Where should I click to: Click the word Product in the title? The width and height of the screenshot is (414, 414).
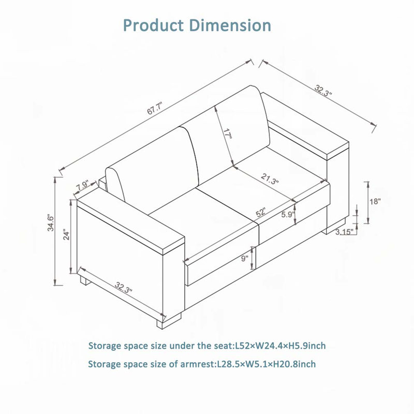[x=153, y=25]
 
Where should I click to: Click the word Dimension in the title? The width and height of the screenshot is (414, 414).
[x=230, y=25]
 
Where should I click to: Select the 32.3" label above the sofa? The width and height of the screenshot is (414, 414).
[x=322, y=90]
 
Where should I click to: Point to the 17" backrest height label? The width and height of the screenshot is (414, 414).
[x=227, y=134]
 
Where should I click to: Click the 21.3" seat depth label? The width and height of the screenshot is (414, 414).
[x=270, y=179]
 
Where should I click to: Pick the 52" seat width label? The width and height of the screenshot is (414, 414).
[x=260, y=212]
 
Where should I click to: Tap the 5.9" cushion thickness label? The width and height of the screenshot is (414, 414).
[x=288, y=214]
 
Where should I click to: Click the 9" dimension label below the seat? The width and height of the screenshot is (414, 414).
[x=244, y=258]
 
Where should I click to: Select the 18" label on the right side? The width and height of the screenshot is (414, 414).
[x=375, y=201]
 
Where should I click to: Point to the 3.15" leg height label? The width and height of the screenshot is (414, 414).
[x=344, y=232]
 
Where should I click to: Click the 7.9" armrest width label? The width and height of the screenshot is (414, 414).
[x=83, y=185]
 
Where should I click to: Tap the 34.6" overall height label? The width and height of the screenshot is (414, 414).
[x=50, y=224]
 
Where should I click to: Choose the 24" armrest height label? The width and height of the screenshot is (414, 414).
[x=66, y=236]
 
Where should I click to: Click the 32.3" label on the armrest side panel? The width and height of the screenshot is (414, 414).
[x=123, y=288]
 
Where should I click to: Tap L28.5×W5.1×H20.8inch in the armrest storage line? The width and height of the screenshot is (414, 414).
[x=266, y=364]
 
